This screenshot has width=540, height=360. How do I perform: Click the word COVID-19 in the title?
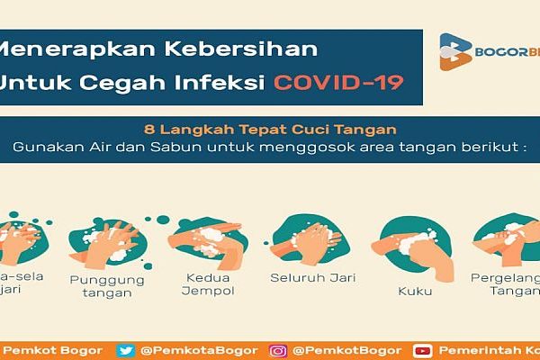[x=337, y=83]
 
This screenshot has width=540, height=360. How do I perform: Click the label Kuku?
[x=410, y=292]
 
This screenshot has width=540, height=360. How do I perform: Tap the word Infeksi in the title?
[x=220, y=83]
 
